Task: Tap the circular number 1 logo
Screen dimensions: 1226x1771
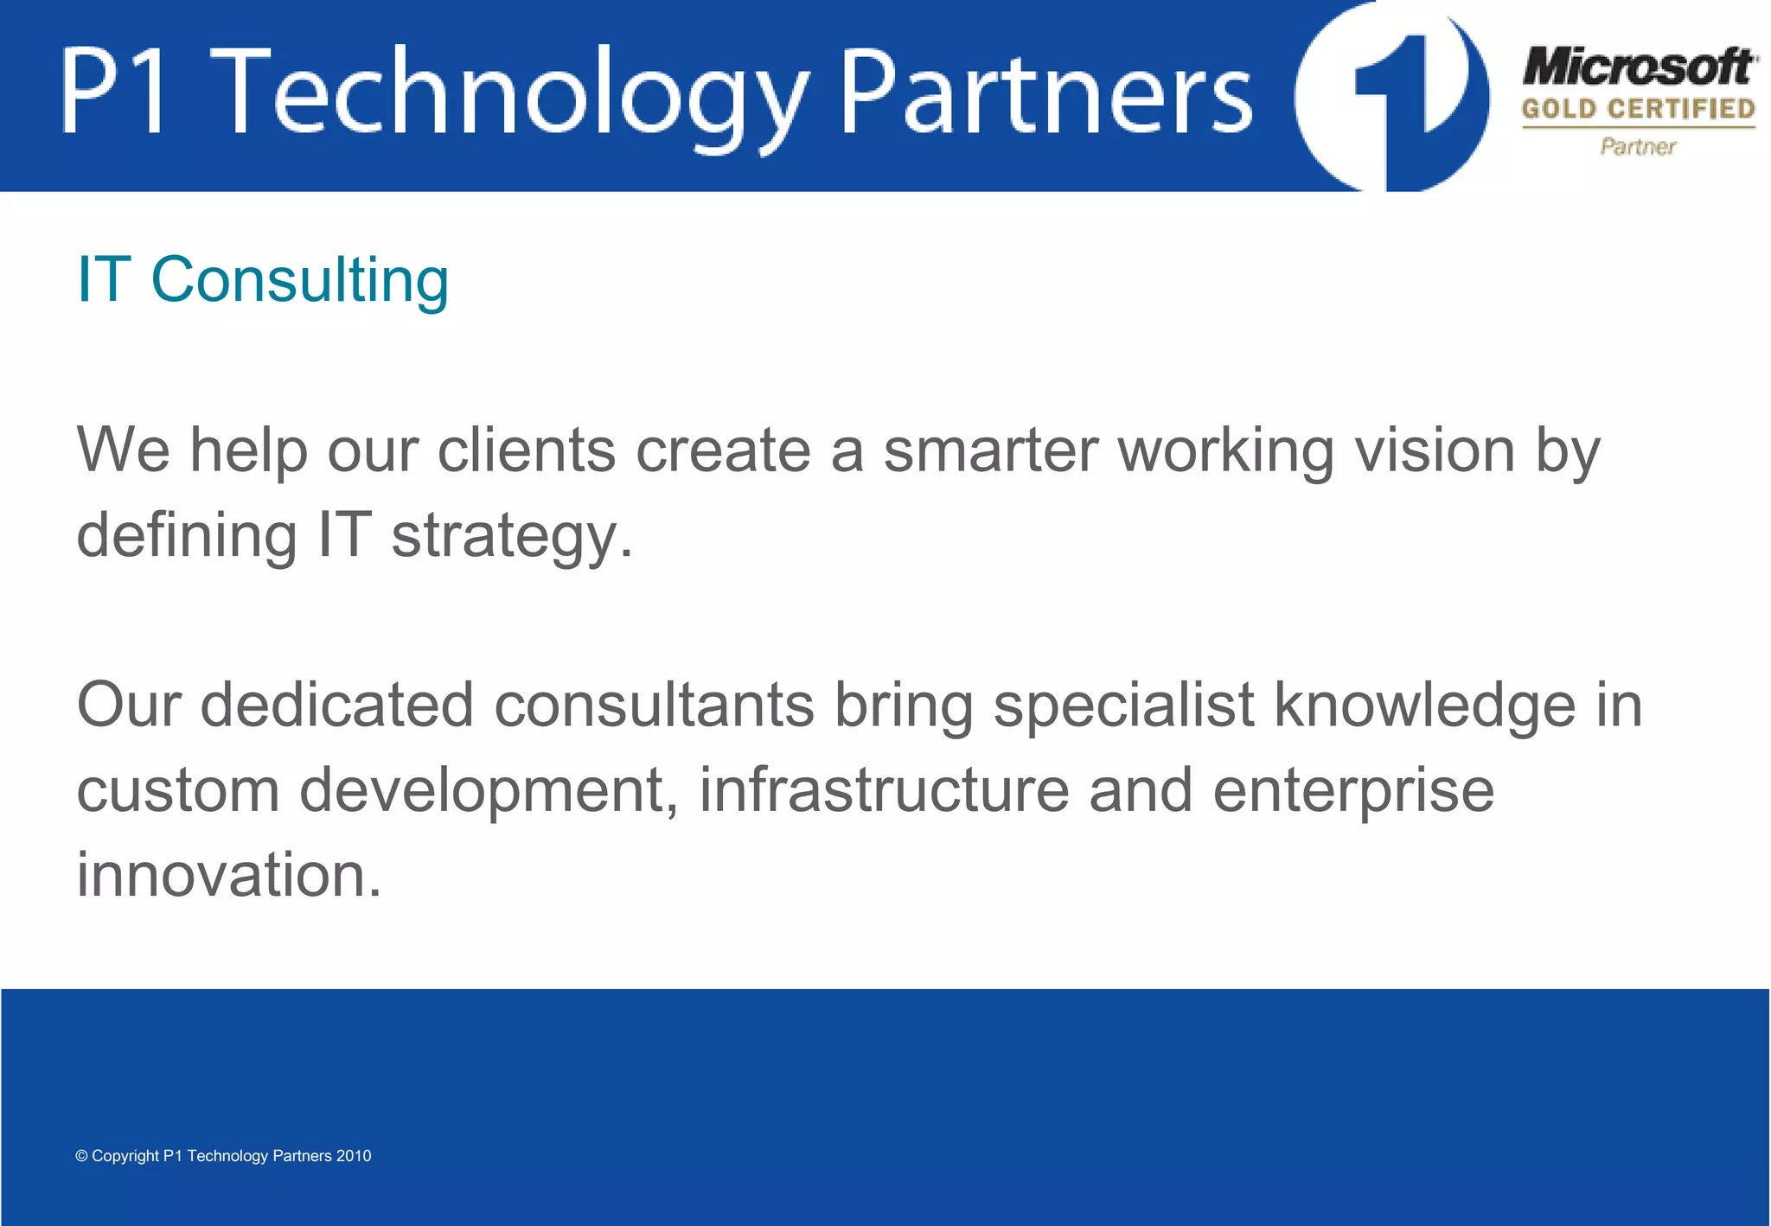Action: pyautogui.click(x=1392, y=95)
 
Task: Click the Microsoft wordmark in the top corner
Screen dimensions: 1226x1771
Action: pyautogui.click(x=1640, y=67)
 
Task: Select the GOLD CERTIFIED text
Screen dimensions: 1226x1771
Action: pyautogui.click(x=1639, y=109)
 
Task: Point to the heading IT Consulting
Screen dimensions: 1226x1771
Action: pyautogui.click(x=263, y=280)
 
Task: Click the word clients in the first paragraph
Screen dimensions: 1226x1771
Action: pyautogui.click(x=527, y=450)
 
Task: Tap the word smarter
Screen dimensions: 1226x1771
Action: pyautogui.click(x=991, y=450)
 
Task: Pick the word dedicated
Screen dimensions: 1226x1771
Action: pyautogui.click(x=336, y=705)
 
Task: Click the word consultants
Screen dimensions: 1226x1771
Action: pyautogui.click(x=654, y=705)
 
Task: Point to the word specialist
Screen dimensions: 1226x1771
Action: pyautogui.click(x=1123, y=705)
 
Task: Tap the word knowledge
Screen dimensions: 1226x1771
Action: pyautogui.click(x=1425, y=705)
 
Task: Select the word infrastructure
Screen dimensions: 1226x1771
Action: pyautogui.click(x=884, y=789)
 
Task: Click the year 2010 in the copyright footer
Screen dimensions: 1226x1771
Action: pyautogui.click(x=354, y=1156)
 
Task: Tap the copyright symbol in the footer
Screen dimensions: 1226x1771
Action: pyautogui.click(x=82, y=1156)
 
